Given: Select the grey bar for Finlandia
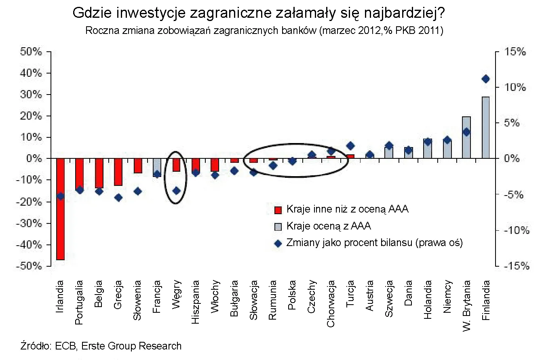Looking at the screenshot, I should [485, 127].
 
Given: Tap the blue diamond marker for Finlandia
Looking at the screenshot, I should [485, 79].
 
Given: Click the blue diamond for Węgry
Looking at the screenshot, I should [176, 190].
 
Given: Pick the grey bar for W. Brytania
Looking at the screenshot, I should [466, 137].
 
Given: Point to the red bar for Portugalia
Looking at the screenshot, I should [79, 174].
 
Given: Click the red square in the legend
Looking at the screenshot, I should [278, 210].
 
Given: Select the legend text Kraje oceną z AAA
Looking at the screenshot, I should [329, 226].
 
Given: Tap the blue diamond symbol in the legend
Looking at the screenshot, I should [278, 243].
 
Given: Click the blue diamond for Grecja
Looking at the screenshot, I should [118, 198].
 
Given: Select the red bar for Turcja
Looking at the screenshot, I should [350, 156].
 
